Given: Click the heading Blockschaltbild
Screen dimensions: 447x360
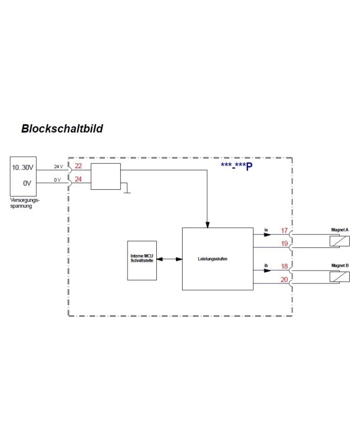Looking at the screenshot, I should (x=62, y=128).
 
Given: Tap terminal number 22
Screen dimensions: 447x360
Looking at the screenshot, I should (x=78, y=166).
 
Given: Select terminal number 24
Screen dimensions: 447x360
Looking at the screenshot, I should (x=78, y=179).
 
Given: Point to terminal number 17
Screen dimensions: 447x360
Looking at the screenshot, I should (x=284, y=230).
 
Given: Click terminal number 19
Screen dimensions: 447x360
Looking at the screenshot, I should (x=284, y=244).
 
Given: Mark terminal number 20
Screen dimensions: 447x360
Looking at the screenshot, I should (x=284, y=280).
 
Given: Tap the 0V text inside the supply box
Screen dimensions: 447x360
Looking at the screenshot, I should (x=27, y=183).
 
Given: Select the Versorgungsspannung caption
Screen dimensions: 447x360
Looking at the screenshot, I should (x=25, y=203).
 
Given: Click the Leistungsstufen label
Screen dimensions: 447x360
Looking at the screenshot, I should (x=212, y=259).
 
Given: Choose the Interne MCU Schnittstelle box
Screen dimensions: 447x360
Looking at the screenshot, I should (x=142, y=260).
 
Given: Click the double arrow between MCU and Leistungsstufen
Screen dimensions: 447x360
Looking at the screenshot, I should (x=169, y=259).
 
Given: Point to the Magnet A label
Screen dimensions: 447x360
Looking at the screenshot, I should (x=340, y=229).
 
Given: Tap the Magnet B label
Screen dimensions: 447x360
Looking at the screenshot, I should (x=340, y=265).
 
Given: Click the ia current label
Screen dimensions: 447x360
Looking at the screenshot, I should (x=266, y=228).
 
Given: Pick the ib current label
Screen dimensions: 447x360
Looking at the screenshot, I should (x=266, y=265).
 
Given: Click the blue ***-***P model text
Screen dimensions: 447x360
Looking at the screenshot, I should (x=237, y=166).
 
